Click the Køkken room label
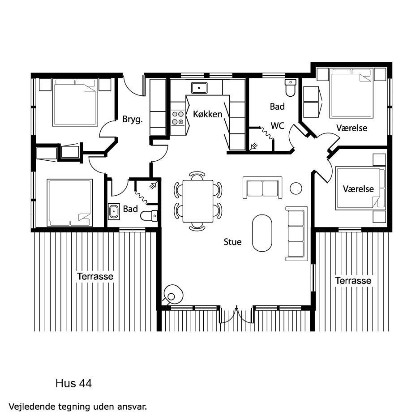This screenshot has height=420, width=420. tap(208, 114)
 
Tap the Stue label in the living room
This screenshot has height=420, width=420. tap(232, 242)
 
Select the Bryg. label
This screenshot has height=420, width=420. tap(133, 120)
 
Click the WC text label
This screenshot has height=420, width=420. tap(277, 126)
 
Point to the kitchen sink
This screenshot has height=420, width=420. tap(199, 88)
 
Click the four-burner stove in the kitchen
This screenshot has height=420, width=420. tap(178, 118)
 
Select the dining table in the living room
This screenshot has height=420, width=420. tap(198, 201)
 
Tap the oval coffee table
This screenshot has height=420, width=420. tap(262, 233)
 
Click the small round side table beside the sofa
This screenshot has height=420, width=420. tap(296, 189)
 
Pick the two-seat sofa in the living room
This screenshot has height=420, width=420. tap(262, 188)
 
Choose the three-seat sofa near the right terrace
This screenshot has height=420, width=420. tap(296, 234)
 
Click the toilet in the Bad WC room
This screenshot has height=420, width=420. tap(290, 88)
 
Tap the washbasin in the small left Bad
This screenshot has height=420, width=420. tap(114, 212)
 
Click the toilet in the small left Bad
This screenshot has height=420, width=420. tap(149, 216)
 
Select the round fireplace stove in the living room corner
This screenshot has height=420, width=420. tap(173, 295)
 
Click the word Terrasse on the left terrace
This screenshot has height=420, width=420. tap(95, 276)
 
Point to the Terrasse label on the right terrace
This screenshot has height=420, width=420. tap(353, 281)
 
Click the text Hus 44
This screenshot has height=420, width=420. tap(74, 383)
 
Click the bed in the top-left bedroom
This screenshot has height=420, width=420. tap(75, 103)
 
